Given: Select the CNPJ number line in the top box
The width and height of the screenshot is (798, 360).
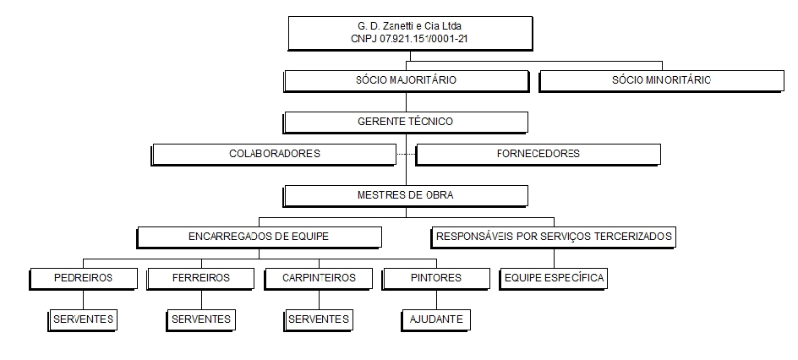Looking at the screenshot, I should tap(411, 39).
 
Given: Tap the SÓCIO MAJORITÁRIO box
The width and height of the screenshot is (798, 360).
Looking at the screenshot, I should tap(406, 80).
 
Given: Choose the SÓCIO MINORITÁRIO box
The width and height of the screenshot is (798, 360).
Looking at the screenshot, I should tap(661, 80).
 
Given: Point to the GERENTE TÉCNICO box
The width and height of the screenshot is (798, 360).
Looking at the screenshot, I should tap(406, 122).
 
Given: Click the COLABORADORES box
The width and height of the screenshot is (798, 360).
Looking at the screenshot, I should tap(274, 154).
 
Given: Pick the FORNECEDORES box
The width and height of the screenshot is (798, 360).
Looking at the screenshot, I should tap(538, 154).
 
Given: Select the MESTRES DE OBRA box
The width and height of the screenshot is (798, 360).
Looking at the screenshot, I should tap(406, 195).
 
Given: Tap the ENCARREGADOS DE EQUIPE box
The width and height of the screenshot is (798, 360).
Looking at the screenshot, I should tap(260, 236).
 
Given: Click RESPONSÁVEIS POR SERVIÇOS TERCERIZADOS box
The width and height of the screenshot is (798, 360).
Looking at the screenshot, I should tap(554, 236).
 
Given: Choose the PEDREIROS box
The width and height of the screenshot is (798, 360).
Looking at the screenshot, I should tap(83, 277).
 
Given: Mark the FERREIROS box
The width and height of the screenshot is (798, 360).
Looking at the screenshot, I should tap(200, 277).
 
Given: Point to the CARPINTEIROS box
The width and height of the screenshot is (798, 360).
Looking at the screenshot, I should tap(318, 277).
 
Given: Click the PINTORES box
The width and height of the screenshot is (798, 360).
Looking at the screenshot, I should tap(435, 277).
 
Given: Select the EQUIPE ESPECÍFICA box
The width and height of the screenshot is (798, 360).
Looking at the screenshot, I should tap(554, 277).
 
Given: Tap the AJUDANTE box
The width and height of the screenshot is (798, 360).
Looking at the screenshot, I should tap(435, 319).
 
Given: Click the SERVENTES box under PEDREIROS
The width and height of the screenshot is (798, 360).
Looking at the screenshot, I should tap(83, 319).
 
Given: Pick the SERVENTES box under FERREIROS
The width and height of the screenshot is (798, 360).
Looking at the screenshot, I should tap(200, 319).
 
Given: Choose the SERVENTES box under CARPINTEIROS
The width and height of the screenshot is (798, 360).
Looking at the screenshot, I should tap(318, 319).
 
